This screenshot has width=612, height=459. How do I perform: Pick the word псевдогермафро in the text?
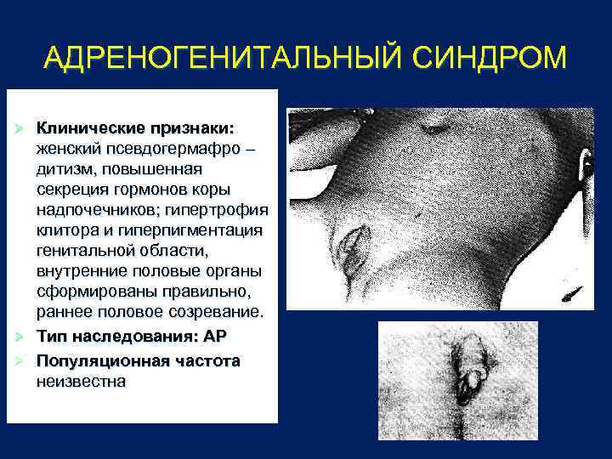point(180,148)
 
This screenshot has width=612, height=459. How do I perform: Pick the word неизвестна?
point(81,381)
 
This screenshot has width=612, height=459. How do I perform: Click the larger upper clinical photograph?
point(440,208)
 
